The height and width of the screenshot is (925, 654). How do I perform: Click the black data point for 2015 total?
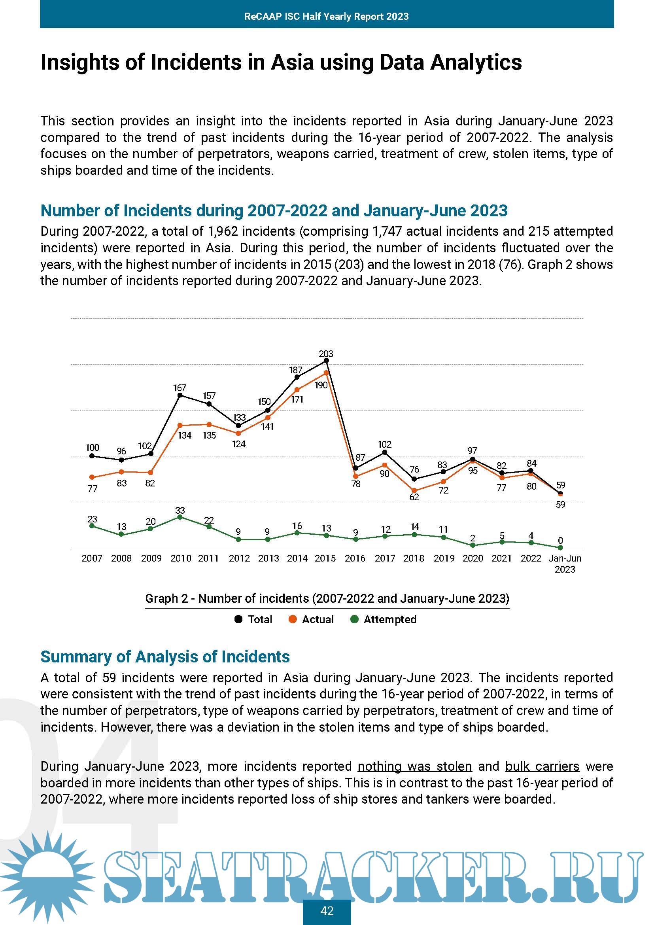(326, 361)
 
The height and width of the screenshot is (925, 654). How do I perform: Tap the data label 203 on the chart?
(326, 354)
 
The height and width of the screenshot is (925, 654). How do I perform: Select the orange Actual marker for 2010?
(180, 426)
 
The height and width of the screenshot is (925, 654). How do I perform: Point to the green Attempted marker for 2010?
(180, 517)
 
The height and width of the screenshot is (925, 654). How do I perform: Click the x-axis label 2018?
(414, 558)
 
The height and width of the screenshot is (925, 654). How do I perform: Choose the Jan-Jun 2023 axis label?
(565, 564)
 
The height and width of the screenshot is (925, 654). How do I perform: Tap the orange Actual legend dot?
(293, 619)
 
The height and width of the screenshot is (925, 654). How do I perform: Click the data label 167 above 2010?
(180, 388)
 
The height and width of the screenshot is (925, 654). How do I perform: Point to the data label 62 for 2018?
(414, 497)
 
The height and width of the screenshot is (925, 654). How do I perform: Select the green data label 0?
(560, 540)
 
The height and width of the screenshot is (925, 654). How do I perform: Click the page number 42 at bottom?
(327, 911)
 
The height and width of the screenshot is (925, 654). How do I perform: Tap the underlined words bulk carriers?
(542, 766)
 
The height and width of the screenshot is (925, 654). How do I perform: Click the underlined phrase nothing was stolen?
(414, 766)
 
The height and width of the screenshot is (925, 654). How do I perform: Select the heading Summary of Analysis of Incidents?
(165, 657)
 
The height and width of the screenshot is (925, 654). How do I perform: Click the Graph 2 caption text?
(327, 598)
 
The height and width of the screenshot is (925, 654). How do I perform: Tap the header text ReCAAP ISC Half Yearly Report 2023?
(327, 16)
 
